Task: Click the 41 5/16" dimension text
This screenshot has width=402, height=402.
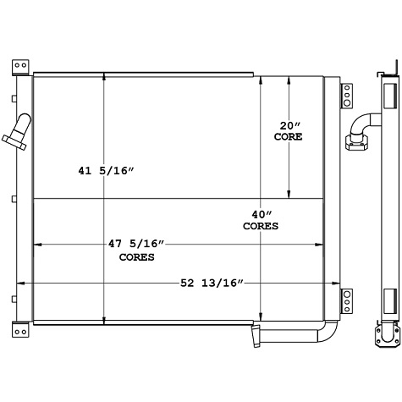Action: click(107, 171)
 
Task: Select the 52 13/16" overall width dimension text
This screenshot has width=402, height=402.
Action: click(212, 282)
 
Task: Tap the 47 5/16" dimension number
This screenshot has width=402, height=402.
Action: click(136, 244)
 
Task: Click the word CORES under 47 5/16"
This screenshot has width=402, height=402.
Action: click(136, 256)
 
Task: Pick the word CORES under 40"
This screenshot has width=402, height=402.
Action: click(261, 227)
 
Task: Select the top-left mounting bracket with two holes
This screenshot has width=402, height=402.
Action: click(20, 66)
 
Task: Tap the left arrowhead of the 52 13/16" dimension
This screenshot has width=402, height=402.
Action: click(20, 282)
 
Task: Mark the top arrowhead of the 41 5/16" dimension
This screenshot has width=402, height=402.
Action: click(104, 79)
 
